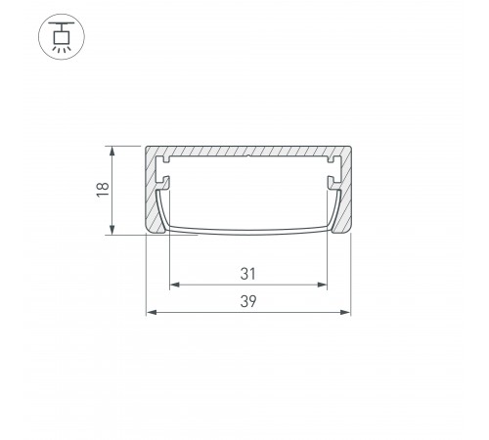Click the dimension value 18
103,190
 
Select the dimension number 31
248,274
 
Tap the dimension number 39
248,301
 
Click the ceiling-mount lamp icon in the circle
62,36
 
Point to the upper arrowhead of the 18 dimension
111,151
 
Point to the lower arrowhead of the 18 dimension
111,230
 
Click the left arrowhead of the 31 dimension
175,285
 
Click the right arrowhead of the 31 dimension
322,285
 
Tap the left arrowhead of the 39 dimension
152,313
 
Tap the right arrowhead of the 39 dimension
345,313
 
